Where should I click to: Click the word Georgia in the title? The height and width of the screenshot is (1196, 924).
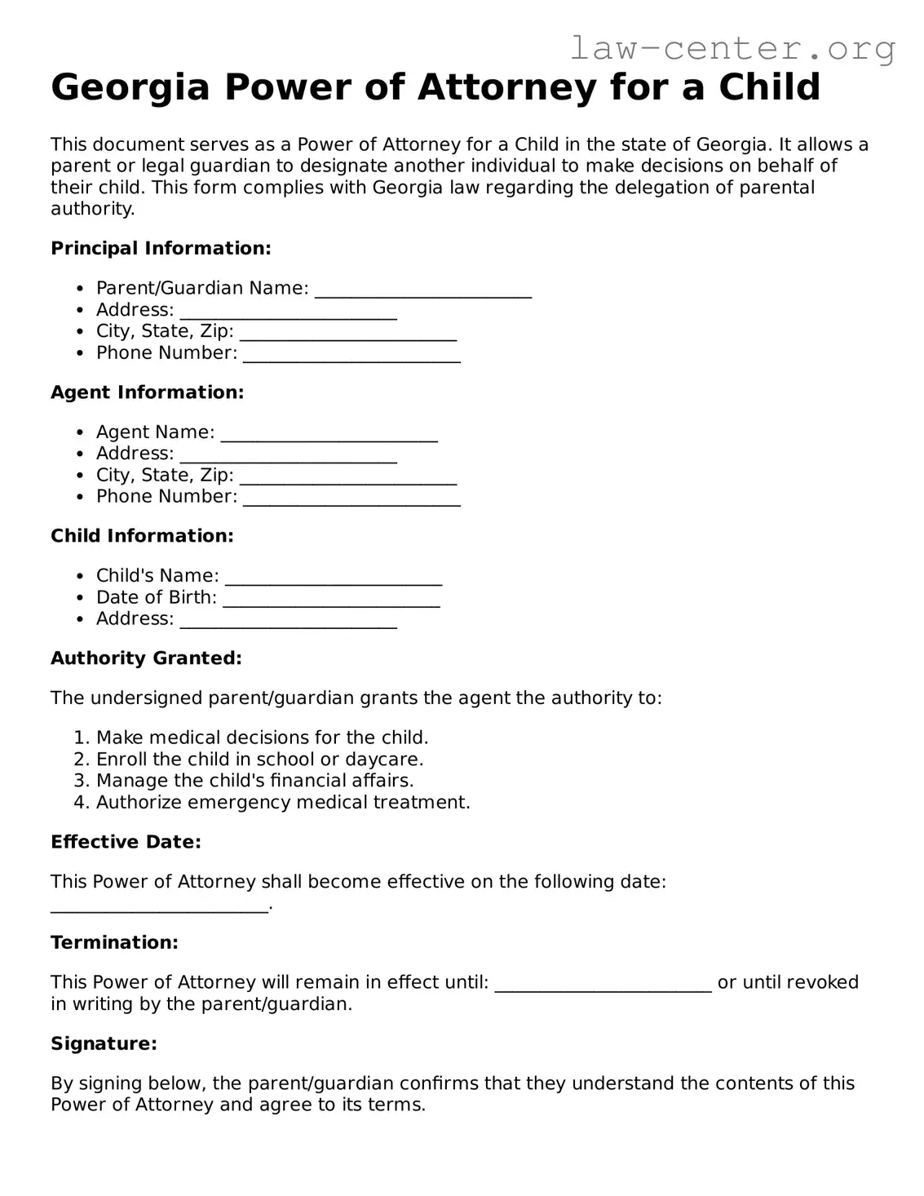[x=130, y=86]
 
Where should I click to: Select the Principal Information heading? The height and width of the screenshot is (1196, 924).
[x=161, y=248]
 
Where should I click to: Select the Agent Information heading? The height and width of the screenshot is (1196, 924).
[x=147, y=392]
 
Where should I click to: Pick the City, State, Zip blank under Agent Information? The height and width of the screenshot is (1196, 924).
[x=347, y=479]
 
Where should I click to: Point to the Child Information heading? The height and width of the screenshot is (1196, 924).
[x=142, y=536]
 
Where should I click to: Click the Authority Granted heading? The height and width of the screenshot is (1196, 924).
[x=146, y=658]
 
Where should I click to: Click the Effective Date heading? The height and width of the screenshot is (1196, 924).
[x=126, y=842]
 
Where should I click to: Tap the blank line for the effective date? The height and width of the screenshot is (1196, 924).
[x=159, y=907]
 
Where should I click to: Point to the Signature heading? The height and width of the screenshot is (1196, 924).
[x=104, y=1043]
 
